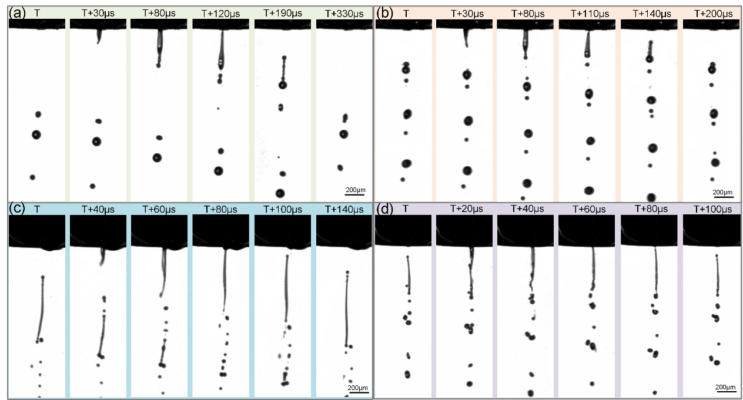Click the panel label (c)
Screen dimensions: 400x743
pyautogui.click(x=16, y=209)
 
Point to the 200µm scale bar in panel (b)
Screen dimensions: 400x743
pyautogui.click(x=722, y=195)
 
